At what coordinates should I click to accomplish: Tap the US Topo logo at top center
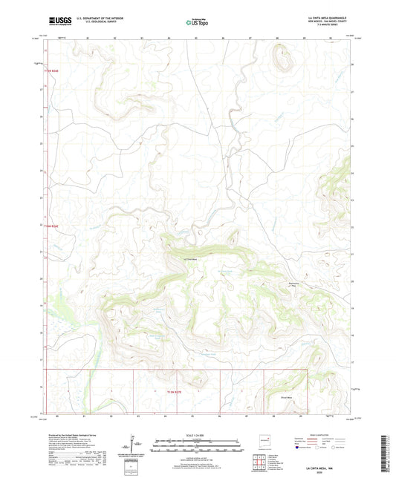pos(197,22)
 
